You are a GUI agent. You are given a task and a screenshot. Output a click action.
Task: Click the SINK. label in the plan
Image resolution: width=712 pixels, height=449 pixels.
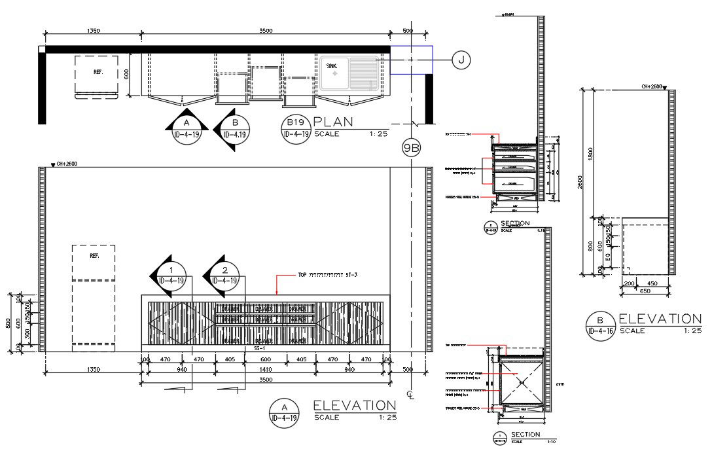333,66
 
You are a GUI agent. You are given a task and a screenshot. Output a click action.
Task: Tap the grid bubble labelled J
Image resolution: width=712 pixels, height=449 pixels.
461,60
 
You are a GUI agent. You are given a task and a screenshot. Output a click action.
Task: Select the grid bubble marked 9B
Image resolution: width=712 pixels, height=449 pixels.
411,148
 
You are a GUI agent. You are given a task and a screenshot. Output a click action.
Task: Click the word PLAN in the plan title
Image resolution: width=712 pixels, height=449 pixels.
334,122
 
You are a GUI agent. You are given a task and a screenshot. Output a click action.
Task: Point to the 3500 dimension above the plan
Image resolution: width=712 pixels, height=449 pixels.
265,31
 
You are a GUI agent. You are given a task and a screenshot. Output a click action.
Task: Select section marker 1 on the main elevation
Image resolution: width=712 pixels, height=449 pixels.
170,275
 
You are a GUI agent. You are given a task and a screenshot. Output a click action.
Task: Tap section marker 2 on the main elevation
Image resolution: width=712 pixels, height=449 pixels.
224,275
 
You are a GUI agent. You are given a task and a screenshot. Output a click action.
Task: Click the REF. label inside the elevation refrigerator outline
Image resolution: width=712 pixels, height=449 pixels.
94,257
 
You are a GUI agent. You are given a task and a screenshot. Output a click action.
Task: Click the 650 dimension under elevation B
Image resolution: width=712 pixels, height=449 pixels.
644,290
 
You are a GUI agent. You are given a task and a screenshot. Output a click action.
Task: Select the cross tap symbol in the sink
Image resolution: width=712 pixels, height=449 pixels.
336,77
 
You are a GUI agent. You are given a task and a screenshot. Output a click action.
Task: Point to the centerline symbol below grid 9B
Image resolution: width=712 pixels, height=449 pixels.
410,394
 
